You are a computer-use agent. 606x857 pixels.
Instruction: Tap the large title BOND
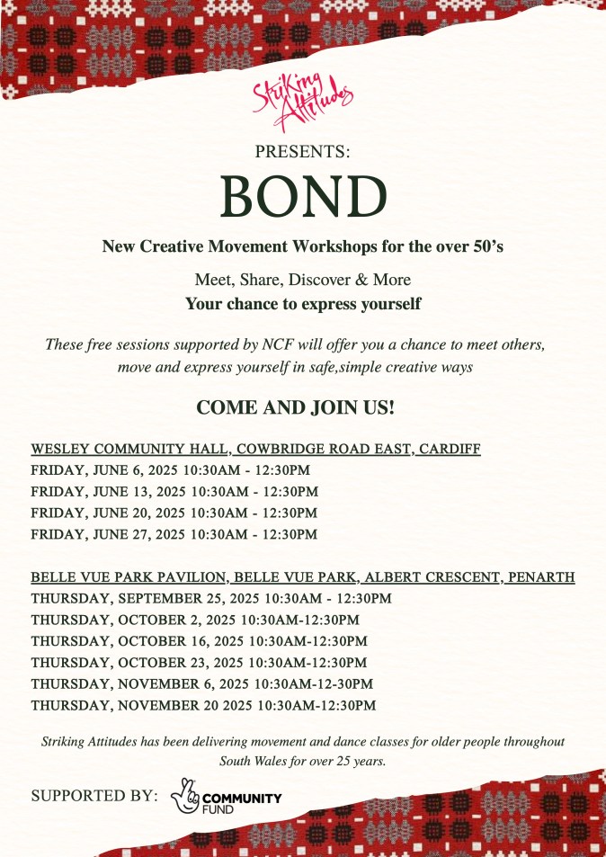[303, 195]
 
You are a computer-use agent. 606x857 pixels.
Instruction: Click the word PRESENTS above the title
[303, 152]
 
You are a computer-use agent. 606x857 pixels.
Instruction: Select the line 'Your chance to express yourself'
[303, 304]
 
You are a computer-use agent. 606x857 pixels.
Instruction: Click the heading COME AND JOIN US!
[296, 407]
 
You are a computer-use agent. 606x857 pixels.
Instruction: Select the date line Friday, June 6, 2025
[174, 470]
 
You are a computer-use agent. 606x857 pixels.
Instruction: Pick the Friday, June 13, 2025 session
[174, 492]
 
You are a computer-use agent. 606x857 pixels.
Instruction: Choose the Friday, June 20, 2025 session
[174, 513]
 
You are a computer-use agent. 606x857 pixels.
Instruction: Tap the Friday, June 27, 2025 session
[174, 535]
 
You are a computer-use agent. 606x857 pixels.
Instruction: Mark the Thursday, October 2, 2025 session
[195, 620]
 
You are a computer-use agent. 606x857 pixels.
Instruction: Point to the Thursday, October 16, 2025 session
[199, 641]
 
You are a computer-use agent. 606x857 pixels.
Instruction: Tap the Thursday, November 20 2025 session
[203, 706]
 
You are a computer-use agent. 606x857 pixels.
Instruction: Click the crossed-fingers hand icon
[185, 797]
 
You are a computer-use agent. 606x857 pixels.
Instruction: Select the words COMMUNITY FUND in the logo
[242, 803]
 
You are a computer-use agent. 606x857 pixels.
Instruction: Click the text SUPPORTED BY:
[94, 797]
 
